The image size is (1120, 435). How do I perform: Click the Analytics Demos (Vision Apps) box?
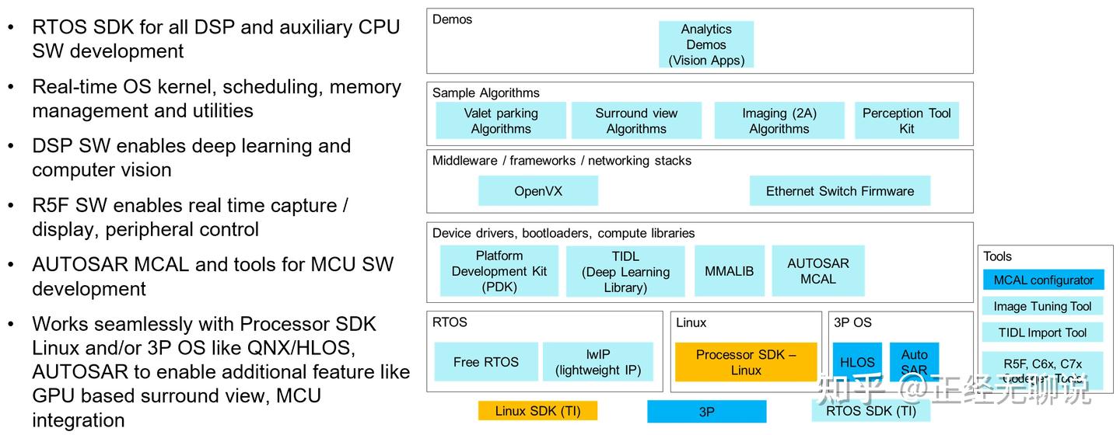click(705, 44)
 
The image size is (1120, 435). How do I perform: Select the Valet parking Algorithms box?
click(501, 120)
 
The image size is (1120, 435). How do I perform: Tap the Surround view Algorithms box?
click(636, 120)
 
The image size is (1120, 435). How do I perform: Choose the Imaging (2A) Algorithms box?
click(779, 120)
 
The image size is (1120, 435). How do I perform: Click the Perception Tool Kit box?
click(906, 120)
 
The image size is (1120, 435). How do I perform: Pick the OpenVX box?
click(537, 191)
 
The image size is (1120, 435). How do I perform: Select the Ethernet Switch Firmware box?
click(839, 191)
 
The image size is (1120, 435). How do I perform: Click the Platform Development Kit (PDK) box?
click(499, 271)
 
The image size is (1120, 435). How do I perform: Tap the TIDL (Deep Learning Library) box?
click(625, 272)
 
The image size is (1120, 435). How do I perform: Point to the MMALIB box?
click(729, 271)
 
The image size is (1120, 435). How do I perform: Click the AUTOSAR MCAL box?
click(817, 271)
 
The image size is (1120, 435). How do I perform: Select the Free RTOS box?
click(485, 362)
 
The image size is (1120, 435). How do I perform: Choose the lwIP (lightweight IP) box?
click(597, 362)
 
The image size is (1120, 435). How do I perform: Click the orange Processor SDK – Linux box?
click(745, 362)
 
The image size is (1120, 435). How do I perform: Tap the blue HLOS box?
click(857, 362)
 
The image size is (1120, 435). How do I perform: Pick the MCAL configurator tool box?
click(1043, 280)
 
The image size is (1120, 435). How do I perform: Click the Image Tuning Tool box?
click(1042, 306)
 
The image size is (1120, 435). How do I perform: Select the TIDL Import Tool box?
click(1042, 332)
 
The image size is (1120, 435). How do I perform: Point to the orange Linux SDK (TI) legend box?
click(537, 411)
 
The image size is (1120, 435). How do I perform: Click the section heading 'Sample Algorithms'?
click(485, 93)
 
